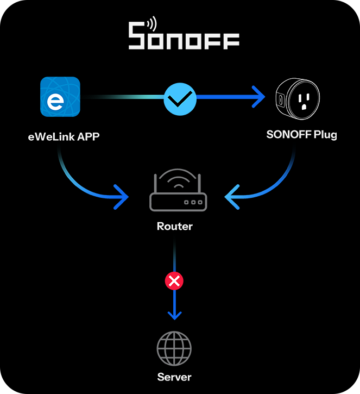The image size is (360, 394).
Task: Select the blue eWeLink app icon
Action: (60, 97)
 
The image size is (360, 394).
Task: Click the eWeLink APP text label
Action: (64, 136)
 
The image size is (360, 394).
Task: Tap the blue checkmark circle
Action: (180, 98)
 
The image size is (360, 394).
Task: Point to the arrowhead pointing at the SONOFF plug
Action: (257, 98)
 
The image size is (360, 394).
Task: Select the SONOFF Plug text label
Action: (301, 135)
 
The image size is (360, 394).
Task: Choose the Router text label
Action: (174, 226)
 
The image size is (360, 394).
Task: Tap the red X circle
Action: (174, 281)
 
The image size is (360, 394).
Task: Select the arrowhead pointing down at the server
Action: (174, 315)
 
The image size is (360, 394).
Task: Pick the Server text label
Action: (174, 377)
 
